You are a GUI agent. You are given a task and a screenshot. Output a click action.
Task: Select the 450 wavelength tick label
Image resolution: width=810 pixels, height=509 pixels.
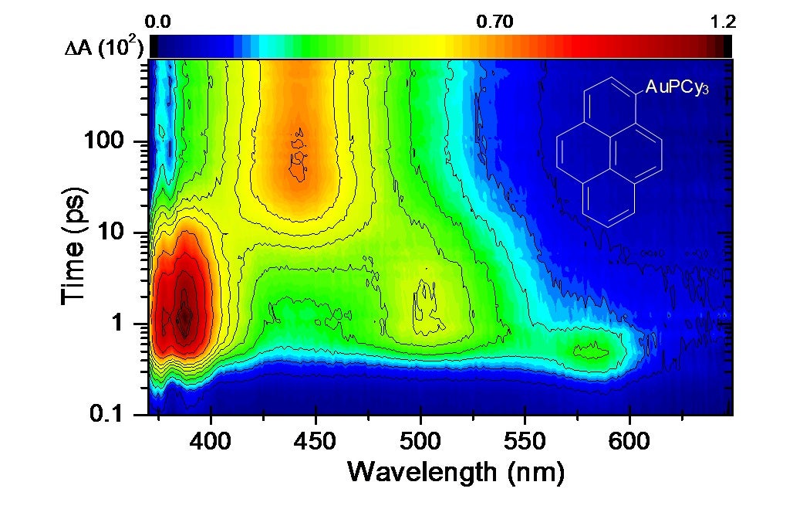(x=316, y=441)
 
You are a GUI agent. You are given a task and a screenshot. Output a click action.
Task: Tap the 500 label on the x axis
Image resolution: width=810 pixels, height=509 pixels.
(x=421, y=441)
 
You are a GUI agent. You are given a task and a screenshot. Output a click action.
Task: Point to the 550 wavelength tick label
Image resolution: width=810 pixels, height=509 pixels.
(x=525, y=441)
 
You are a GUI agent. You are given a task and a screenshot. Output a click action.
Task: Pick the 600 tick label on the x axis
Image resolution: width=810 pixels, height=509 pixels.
(x=629, y=441)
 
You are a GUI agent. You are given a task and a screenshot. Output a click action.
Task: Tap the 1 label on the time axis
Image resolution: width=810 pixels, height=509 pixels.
(x=118, y=324)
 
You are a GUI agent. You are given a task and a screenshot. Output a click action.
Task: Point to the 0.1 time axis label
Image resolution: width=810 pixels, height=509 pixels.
(x=106, y=414)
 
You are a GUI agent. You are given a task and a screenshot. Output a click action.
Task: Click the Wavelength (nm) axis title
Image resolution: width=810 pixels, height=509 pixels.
(x=456, y=472)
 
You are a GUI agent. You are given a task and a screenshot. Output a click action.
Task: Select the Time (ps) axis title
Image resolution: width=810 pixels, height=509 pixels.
(x=73, y=246)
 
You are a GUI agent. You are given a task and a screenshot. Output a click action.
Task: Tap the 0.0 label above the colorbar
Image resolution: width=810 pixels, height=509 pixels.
(x=157, y=22)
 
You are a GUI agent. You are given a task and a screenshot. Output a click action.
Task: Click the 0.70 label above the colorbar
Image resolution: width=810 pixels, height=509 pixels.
(x=494, y=22)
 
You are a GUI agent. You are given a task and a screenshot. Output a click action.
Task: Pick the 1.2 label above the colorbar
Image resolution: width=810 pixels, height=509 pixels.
(x=722, y=22)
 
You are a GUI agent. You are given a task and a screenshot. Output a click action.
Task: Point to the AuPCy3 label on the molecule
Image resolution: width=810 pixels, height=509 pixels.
(x=677, y=87)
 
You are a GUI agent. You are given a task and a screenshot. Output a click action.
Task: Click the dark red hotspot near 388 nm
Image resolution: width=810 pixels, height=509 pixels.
(x=184, y=314)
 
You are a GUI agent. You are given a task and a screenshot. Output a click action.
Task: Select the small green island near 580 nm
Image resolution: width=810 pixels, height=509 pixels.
(x=590, y=351)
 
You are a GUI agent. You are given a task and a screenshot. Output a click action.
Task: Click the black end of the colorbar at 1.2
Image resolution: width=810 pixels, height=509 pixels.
(x=727, y=46)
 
